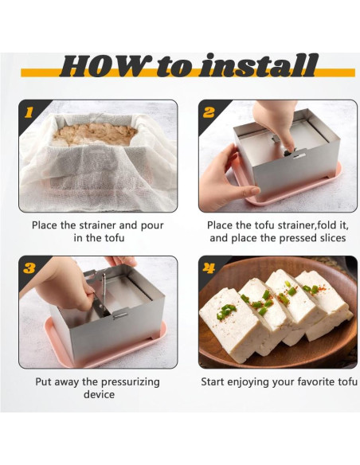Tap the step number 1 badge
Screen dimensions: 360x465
tap(29, 112)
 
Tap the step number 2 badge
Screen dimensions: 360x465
tap(209, 112)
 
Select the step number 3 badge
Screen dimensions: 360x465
tap(29, 268)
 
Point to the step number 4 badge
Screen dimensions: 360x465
tap(209, 268)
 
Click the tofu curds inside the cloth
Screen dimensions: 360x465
tap(95, 134)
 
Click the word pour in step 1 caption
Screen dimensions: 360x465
tap(152, 225)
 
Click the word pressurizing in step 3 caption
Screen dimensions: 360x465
tap(130, 382)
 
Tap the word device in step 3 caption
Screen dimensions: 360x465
tap(99, 394)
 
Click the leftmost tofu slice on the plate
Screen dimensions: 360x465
tap(234, 323)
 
